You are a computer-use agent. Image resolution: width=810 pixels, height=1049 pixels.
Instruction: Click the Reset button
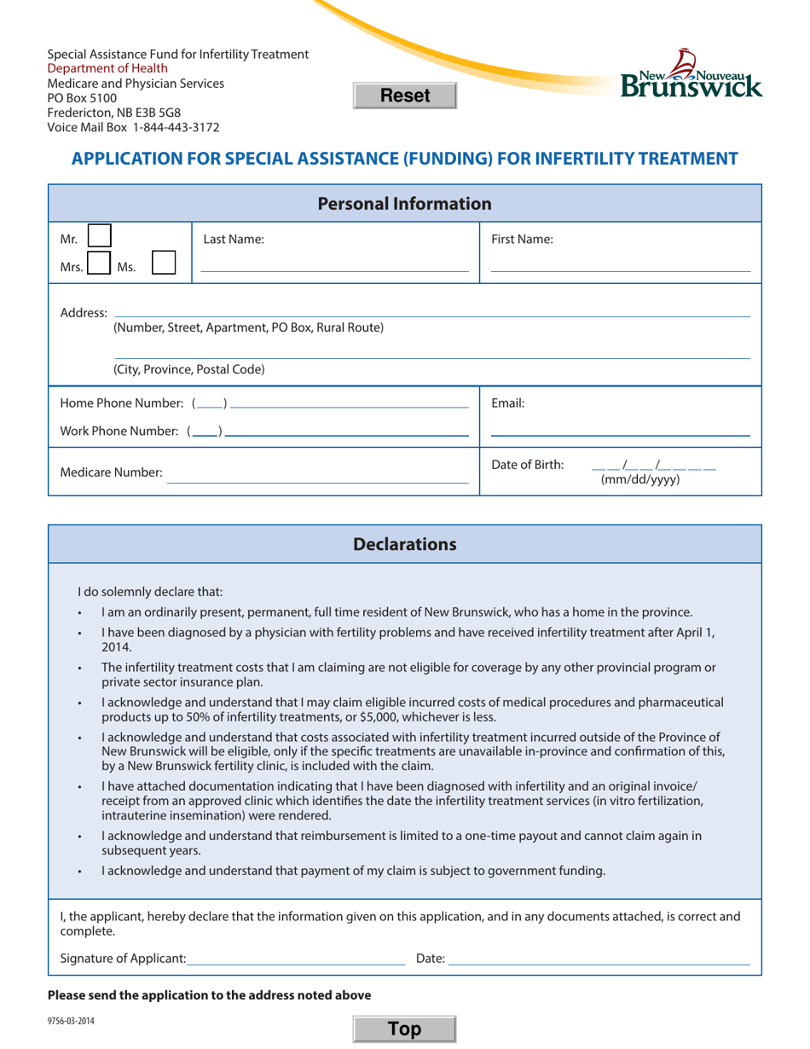(x=405, y=96)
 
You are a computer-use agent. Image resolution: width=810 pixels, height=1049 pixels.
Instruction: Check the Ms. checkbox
(x=164, y=264)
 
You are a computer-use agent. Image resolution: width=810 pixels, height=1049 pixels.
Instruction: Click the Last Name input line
(x=333, y=264)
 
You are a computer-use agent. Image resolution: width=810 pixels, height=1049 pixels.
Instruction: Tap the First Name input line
(x=620, y=264)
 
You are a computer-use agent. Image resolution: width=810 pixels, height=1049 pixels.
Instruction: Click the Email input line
(x=620, y=428)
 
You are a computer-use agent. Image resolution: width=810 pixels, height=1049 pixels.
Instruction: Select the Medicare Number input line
(x=317, y=475)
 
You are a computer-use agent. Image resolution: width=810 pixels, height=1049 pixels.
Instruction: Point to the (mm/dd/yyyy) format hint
(x=640, y=480)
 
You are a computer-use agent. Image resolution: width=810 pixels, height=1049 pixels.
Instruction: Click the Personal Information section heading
(x=404, y=204)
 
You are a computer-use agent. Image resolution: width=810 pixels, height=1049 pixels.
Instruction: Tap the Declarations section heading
(x=404, y=544)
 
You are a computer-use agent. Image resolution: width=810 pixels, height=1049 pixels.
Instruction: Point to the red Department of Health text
(x=107, y=68)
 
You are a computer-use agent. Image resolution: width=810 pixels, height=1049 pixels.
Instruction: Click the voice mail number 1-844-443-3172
(x=176, y=127)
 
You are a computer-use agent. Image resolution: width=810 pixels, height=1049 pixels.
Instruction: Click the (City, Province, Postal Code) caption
(x=188, y=370)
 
